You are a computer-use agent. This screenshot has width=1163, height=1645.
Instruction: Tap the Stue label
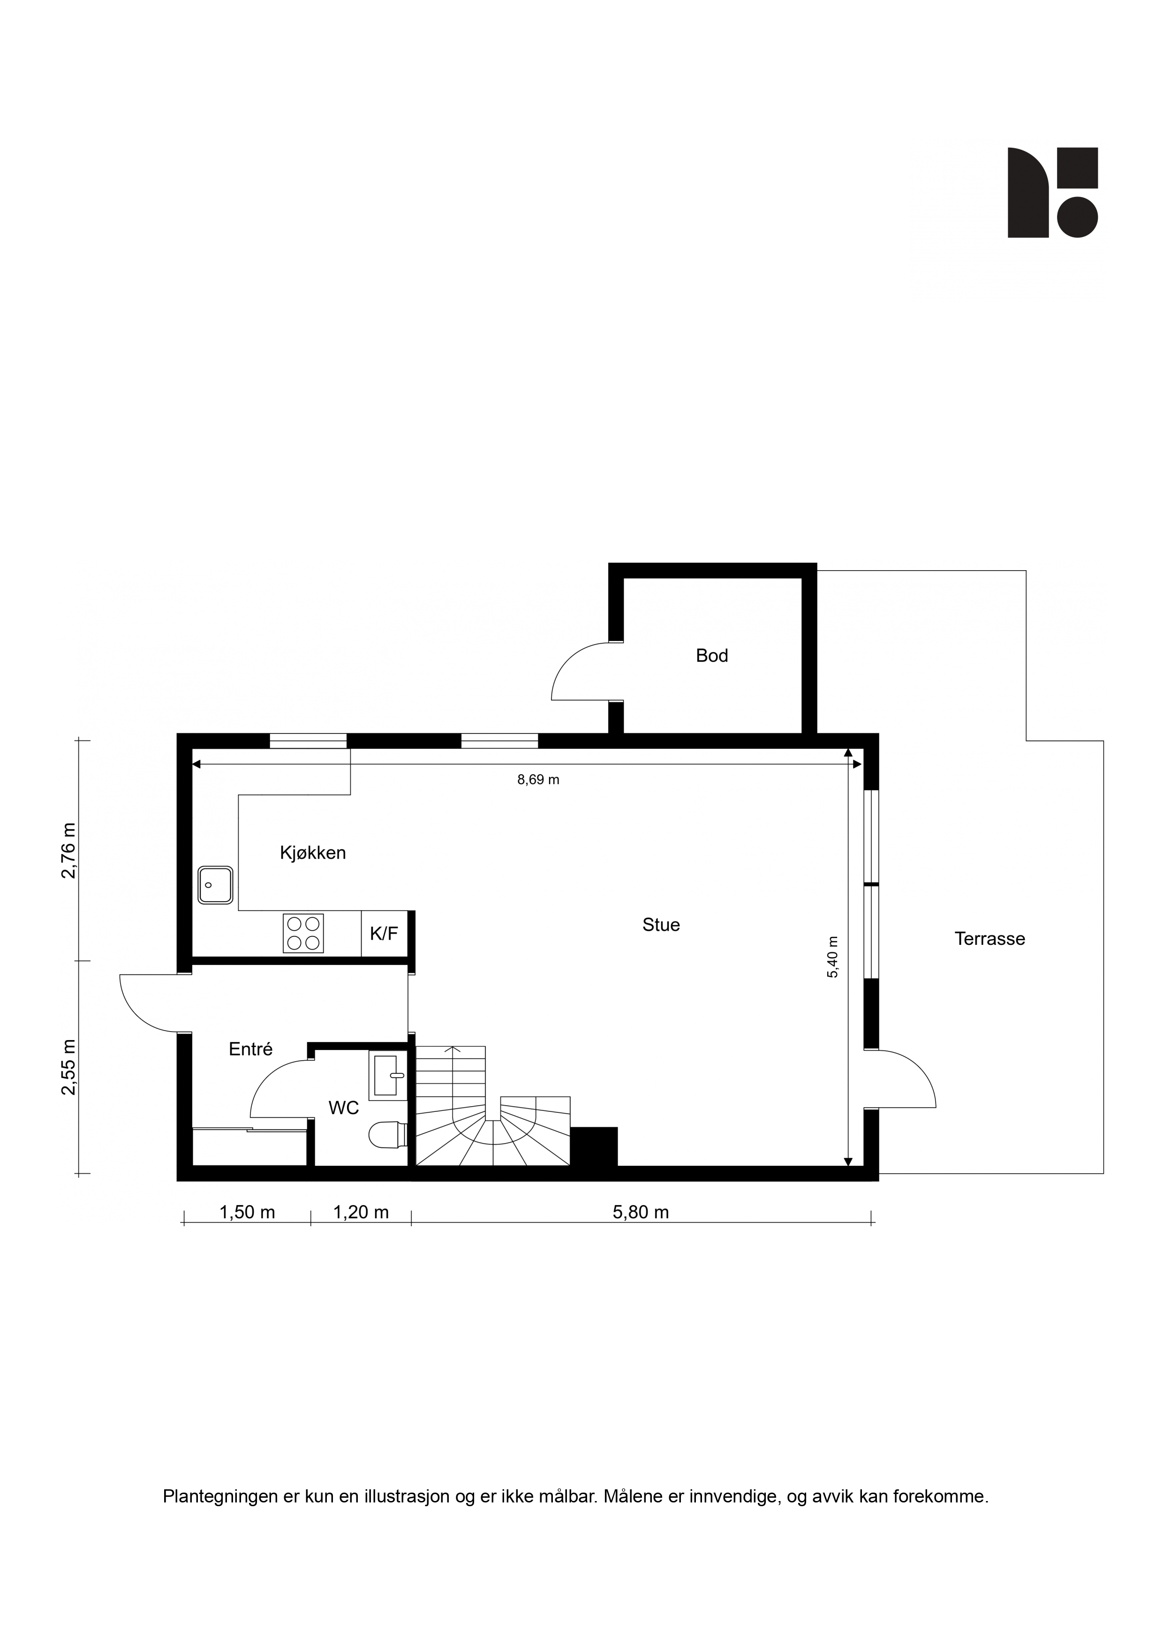point(661,925)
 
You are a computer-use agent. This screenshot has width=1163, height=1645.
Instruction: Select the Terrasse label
point(989,939)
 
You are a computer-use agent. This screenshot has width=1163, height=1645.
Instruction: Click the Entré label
point(251,1049)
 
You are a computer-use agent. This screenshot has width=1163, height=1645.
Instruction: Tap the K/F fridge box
point(384,934)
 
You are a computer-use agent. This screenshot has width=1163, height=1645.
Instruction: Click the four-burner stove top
point(303,934)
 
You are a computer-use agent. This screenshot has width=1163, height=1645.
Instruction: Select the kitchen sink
point(216,885)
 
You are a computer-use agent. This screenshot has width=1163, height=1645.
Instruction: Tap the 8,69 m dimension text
point(538,779)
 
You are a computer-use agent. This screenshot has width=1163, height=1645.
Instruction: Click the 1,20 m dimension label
point(361,1212)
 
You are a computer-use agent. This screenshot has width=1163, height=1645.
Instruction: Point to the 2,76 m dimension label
point(69,851)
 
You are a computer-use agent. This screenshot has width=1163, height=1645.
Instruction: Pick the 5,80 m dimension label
point(641,1212)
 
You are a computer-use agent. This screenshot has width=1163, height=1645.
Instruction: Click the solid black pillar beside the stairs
point(593,1147)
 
